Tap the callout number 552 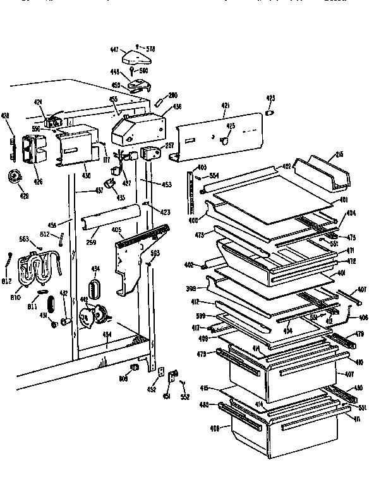(184, 397)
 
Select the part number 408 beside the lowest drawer (215, 428)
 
